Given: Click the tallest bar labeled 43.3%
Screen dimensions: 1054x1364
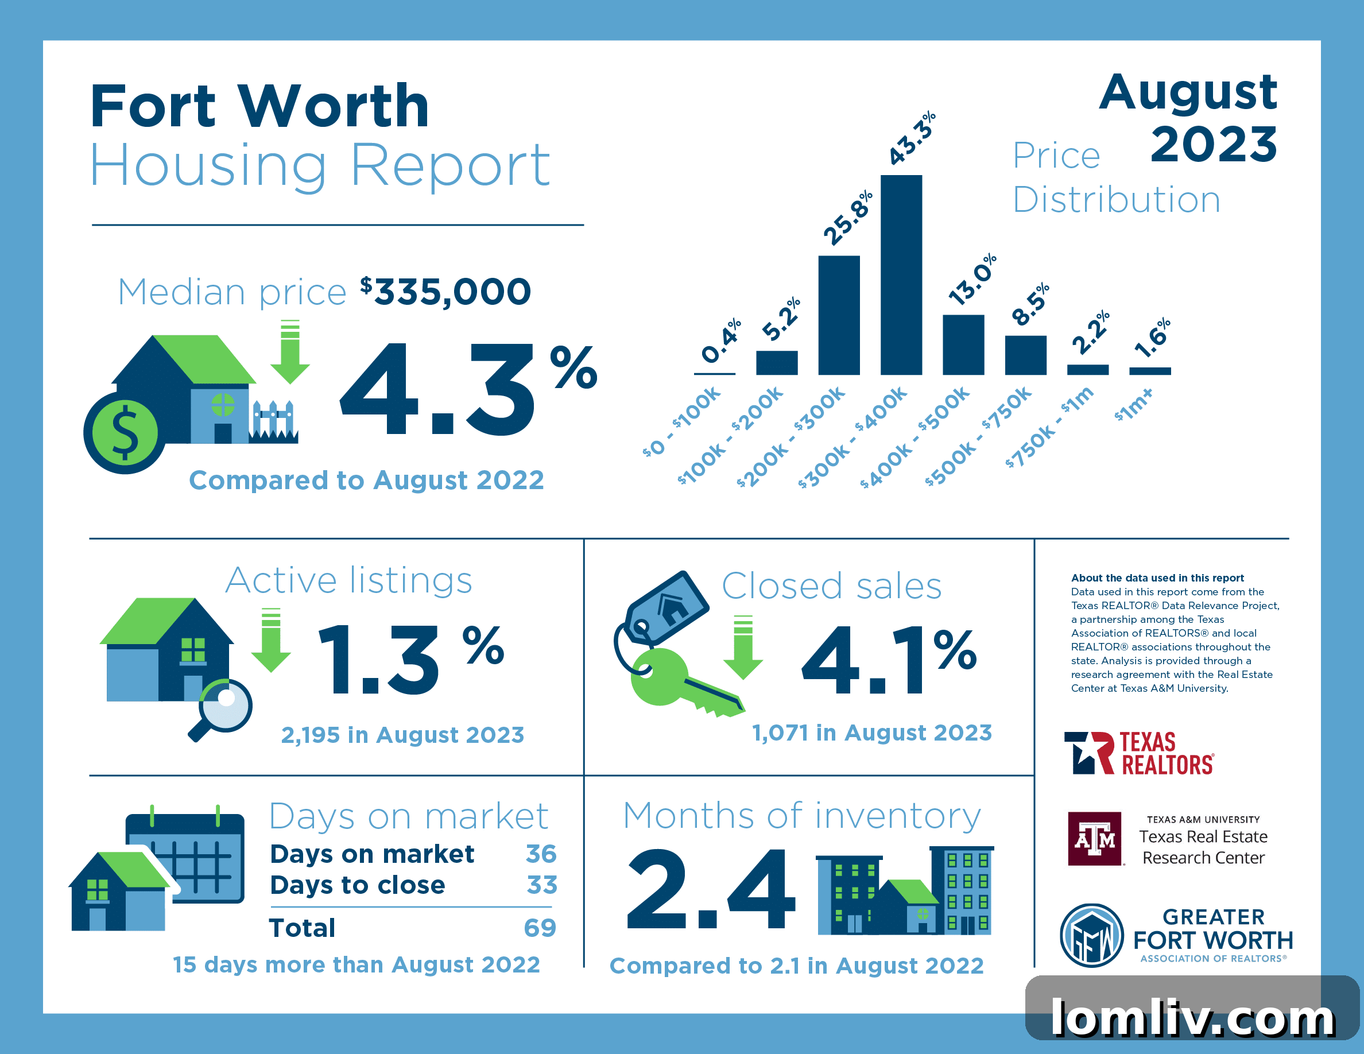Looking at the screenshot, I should point(901,275).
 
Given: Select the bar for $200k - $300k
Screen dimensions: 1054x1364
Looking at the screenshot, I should point(839,315).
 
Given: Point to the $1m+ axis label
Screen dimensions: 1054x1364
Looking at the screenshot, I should point(1134,405).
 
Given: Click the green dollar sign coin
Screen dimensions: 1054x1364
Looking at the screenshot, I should point(125,433).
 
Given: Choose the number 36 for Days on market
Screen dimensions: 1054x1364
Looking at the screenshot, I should point(541,854).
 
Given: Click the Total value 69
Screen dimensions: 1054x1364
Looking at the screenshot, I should point(540,928).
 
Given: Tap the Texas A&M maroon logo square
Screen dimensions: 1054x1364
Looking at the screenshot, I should point(1094,839).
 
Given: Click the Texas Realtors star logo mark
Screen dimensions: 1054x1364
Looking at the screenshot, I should point(1088,753).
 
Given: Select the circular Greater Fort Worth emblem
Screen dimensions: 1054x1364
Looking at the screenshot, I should point(1091,935).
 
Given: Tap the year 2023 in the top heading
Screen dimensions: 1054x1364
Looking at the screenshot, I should point(1214,144).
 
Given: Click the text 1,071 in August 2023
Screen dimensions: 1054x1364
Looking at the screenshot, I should point(872,733).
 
